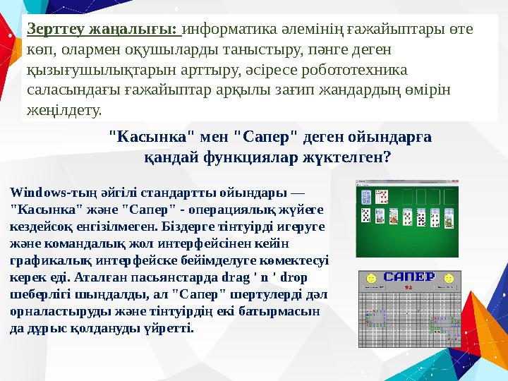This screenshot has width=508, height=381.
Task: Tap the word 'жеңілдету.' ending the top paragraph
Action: [x=64, y=111]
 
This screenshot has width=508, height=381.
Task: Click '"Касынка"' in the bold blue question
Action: [x=152, y=137]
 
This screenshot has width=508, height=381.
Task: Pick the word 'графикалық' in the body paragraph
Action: [x=42, y=260]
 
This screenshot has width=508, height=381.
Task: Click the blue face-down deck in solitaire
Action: [x=366, y=197]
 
